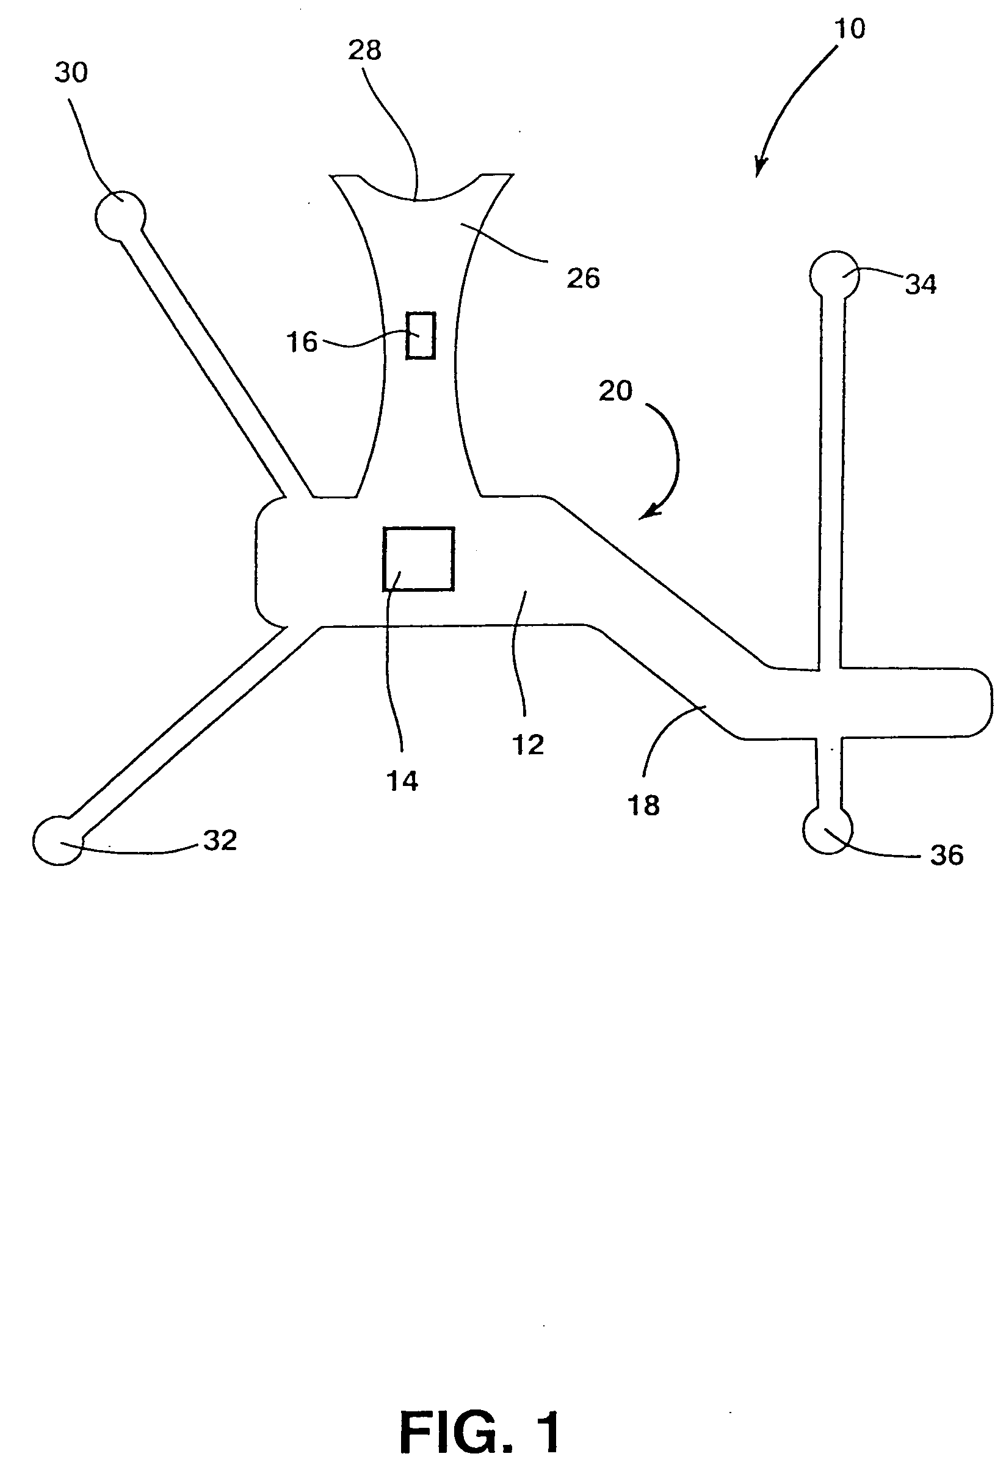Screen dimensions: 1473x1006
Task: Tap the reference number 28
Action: click(x=365, y=50)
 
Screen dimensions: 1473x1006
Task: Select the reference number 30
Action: click(x=71, y=73)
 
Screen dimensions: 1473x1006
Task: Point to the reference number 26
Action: click(x=583, y=278)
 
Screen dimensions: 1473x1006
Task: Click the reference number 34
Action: click(x=921, y=285)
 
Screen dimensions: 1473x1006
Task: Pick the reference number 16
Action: click(x=302, y=342)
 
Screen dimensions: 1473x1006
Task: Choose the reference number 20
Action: click(x=616, y=390)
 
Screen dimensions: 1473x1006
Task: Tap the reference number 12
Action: click(x=527, y=744)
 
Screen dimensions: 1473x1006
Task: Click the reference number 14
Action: click(x=403, y=782)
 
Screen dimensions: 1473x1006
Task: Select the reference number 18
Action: click(x=643, y=805)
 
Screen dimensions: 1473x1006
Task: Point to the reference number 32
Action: click(x=220, y=840)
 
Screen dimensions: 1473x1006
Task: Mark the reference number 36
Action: click(x=946, y=855)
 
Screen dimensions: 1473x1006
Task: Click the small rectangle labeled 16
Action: click(x=421, y=336)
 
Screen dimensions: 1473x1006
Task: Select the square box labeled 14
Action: click(x=419, y=559)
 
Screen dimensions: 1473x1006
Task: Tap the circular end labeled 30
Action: click(x=120, y=216)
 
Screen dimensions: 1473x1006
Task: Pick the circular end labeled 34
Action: click(x=834, y=275)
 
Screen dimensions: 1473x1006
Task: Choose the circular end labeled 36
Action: click(x=827, y=830)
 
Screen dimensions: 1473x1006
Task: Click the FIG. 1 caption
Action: click(x=480, y=1416)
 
